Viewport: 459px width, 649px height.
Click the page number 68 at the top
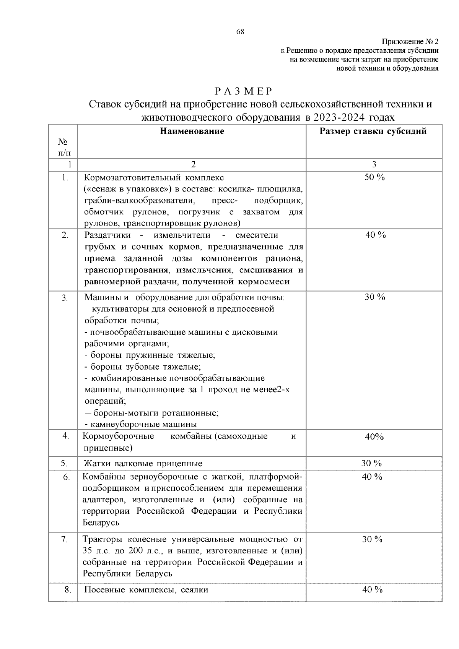pyautogui.click(x=240, y=32)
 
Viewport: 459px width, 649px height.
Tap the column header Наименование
pyautogui.click(x=192, y=131)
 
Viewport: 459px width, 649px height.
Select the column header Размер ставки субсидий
pyautogui.click(x=373, y=131)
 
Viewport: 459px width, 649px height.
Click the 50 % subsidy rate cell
pyautogui.click(x=374, y=177)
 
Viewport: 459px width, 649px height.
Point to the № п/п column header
pyautogui.click(x=63, y=148)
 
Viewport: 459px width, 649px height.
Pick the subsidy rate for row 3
pyautogui.click(x=374, y=297)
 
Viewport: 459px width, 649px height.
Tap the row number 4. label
pyautogui.click(x=65, y=436)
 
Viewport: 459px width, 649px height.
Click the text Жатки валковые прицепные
pyautogui.click(x=143, y=464)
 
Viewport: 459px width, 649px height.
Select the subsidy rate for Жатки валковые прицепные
pyautogui.click(x=371, y=464)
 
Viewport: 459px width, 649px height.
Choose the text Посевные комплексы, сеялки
pyautogui.click(x=146, y=590)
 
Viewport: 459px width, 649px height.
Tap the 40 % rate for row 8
pyautogui.click(x=372, y=590)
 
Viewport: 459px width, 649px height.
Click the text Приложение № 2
pyautogui.click(x=410, y=42)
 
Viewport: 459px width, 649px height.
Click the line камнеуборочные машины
pyautogui.click(x=141, y=424)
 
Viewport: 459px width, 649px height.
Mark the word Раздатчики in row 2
pyautogui.click(x=107, y=235)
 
